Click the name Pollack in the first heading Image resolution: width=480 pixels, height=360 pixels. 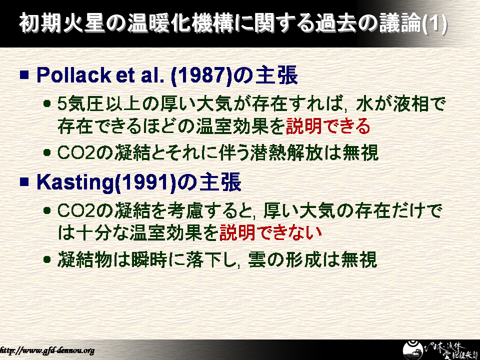coord(73,75)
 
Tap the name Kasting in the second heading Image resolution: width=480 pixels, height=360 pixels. coord(74,183)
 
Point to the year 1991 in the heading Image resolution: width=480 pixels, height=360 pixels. coord(145,183)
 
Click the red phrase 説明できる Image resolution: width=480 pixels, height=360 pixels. coord(328,126)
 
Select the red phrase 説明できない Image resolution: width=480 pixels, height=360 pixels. coord(270,232)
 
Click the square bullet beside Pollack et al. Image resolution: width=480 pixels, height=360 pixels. coord(24,75)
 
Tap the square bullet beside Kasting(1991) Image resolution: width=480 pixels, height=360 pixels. coord(24,182)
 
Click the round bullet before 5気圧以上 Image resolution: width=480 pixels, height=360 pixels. coord(47,104)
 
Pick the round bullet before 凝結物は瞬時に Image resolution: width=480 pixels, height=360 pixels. coord(47,259)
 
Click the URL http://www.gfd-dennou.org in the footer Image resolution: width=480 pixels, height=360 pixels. coord(47,350)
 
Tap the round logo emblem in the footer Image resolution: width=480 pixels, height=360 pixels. coord(413,350)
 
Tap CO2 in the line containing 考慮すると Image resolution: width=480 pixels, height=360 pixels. coord(76,210)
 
